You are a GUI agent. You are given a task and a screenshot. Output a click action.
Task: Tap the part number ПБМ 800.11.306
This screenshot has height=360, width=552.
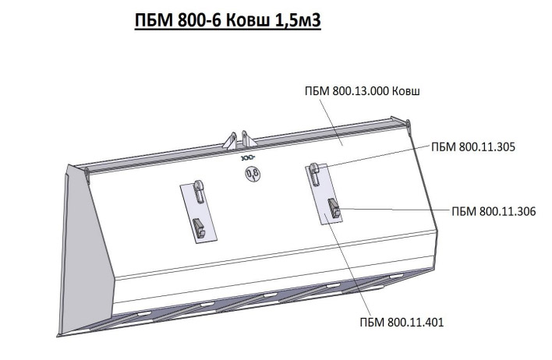493,210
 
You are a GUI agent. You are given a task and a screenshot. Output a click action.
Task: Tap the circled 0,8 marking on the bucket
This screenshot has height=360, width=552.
253,174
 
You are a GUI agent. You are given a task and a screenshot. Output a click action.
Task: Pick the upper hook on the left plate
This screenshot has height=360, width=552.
199,191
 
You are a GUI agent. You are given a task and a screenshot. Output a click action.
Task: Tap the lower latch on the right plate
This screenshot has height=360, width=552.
334,209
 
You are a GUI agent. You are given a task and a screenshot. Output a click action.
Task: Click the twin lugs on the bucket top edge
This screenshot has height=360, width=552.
238,140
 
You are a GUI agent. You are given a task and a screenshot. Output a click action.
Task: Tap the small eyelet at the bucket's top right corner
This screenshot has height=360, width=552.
407,121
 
